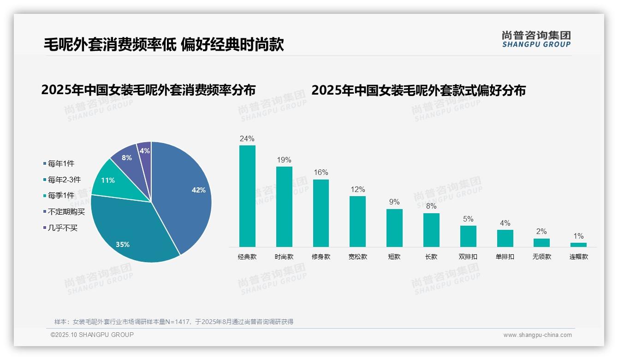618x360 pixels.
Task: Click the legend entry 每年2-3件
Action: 64,180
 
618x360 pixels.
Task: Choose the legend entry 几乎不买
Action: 63,228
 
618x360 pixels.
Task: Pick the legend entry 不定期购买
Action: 66,212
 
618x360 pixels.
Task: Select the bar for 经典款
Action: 247,196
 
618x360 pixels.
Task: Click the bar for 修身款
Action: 321,213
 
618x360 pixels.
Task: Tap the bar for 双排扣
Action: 468,236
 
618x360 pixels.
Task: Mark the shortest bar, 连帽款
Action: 578,245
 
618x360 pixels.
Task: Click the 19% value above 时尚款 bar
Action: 284,160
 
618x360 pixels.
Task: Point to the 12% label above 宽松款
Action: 357,190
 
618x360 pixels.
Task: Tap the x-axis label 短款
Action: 394,257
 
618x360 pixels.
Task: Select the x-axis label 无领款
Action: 541,257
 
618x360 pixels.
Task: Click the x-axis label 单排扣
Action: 505,257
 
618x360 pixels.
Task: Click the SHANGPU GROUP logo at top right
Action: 536,39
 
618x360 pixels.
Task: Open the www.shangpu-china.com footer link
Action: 537,335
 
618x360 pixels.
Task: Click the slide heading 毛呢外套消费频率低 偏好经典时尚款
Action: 163,45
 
